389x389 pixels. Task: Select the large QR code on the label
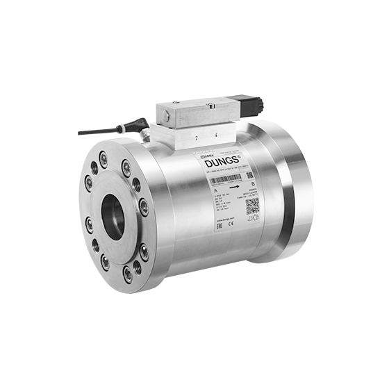[252, 206]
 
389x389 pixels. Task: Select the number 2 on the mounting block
[197, 138]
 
